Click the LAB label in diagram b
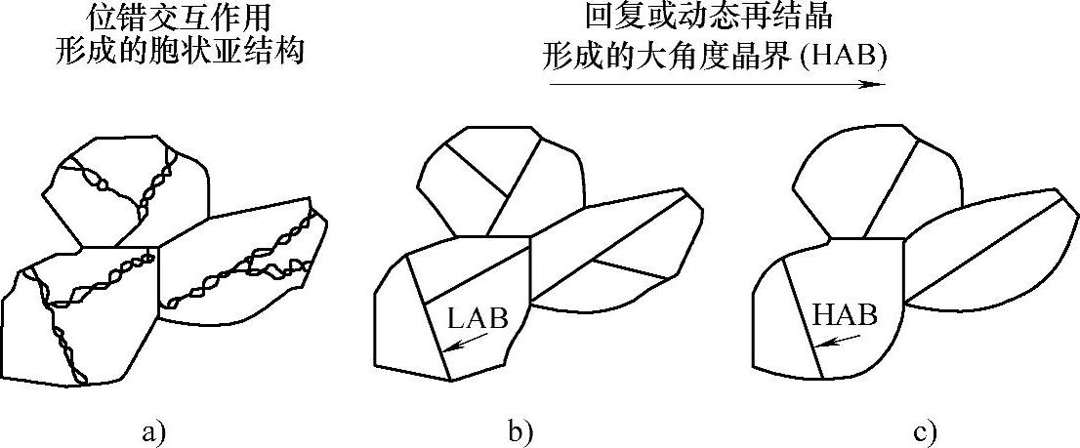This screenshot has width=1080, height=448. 478,318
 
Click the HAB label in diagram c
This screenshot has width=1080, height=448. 844,315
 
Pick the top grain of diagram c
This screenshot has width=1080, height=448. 869,185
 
